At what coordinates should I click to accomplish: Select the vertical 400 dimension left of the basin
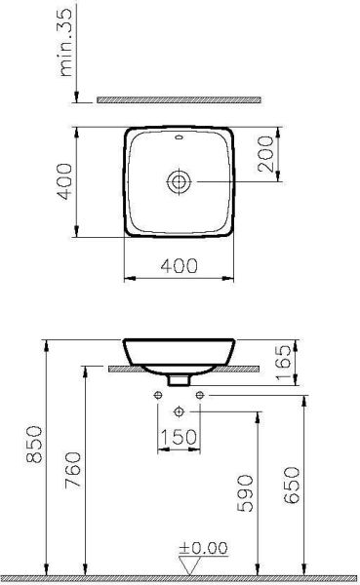coord(63,180)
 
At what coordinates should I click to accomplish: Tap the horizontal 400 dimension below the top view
coord(180,266)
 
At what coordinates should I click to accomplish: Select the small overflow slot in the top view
coord(180,139)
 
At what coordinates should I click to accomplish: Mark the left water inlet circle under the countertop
coord(159,394)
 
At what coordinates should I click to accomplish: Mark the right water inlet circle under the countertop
coord(200,394)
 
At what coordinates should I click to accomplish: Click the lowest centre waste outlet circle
coord(180,409)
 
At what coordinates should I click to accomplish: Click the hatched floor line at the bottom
coord(180,579)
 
